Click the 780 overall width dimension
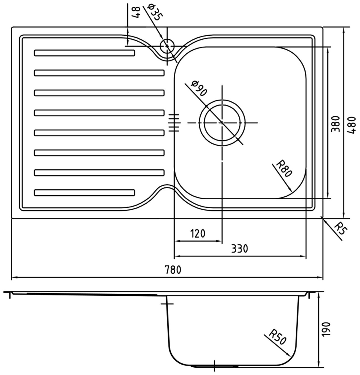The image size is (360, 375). tap(173, 269)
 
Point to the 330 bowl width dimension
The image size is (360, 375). tap(239, 249)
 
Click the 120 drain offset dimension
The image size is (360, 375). tap(198, 233)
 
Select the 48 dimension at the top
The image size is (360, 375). tap(136, 12)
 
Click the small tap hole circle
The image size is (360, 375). tap(167, 46)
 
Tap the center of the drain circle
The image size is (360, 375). tap(222, 123)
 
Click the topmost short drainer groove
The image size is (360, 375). tap(84, 53)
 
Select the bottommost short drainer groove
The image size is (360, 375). tap(84, 192)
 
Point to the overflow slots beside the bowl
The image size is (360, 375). tap(174, 123)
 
